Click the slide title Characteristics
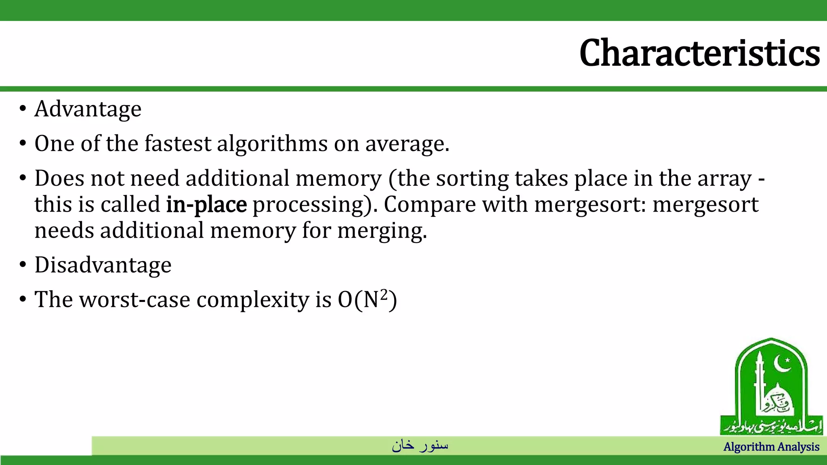(x=699, y=53)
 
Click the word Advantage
(x=88, y=109)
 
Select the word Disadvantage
(x=103, y=265)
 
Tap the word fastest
(x=178, y=144)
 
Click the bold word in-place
(x=206, y=205)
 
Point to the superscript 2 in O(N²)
(x=384, y=295)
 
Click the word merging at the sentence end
(x=382, y=231)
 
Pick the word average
(x=407, y=144)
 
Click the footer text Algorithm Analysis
(x=771, y=447)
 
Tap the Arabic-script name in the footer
(x=420, y=445)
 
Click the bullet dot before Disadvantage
(x=23, y=265)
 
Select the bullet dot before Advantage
(x=23, y=109)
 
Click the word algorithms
(x=272, y=144)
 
